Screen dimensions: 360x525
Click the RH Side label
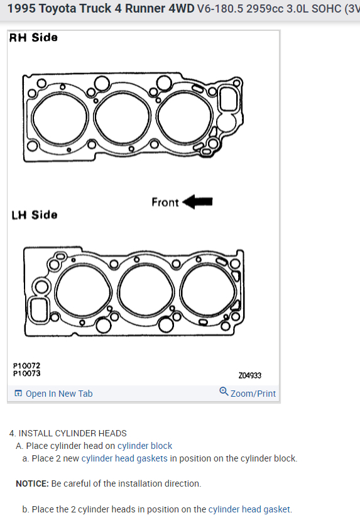coord(33,37)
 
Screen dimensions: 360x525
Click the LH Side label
coord(35,214)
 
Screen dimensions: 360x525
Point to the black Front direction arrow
coord(198,202)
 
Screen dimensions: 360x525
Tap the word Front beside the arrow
coord(165,202)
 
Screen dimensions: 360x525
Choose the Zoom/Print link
coord(253,394)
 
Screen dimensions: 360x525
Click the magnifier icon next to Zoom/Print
coord(224,392)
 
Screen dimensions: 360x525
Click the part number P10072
coord(27,366)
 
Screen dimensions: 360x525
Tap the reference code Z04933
coord(250,375)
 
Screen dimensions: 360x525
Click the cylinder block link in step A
coord(145,446)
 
